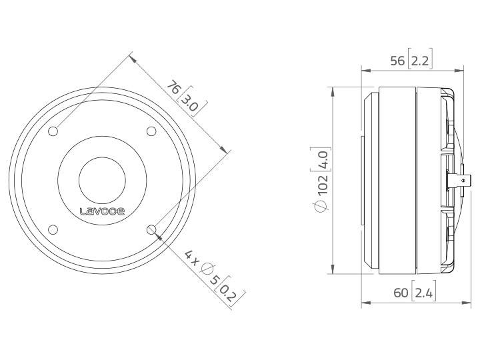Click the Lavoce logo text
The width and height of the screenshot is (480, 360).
(x=102, y=213)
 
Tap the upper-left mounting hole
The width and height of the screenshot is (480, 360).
(x=53, y=131)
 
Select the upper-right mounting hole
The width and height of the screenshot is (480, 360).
(x=151, y=131)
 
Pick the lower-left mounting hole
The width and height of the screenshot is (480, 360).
(x=53, y=230)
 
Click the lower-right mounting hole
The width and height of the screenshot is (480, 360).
(x=152, y=231)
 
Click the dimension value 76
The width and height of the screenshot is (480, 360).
(x=172, y=88)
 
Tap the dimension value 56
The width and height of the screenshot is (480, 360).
(x=397, y=61)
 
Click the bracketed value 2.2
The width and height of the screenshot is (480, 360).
(x=421, y=61)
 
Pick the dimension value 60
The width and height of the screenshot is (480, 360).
(x=401, y=291)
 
